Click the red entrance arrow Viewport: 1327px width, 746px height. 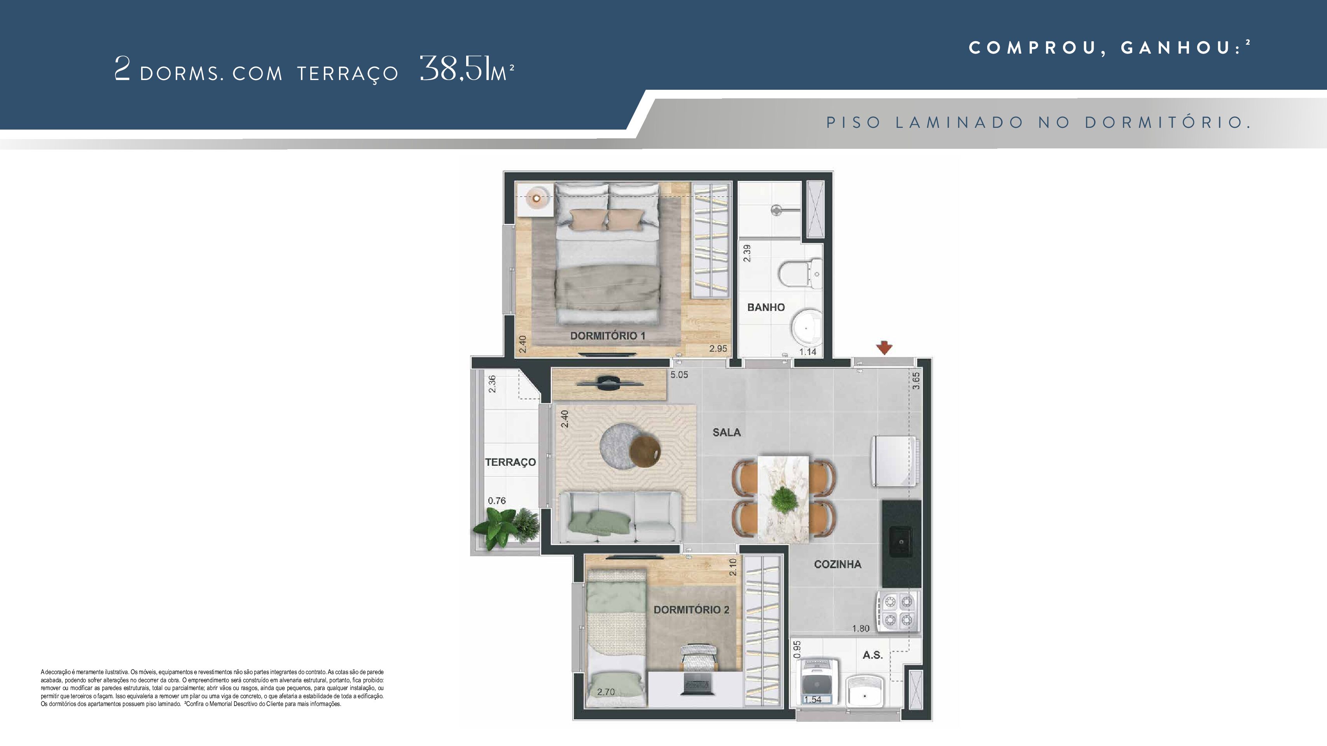(x=885, y=348)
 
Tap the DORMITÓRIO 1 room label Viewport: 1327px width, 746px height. (x=607, y=336)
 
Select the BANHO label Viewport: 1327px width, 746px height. (x=766, y=307)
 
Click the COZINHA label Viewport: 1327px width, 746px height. (x=837, y=564)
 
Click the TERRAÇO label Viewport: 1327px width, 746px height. (x=511, y=462)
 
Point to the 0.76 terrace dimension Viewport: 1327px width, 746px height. (x=497, y=500)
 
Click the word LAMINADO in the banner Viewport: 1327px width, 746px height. (x=959, y=122)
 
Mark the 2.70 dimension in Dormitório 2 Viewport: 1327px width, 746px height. (x=606, y=692)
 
